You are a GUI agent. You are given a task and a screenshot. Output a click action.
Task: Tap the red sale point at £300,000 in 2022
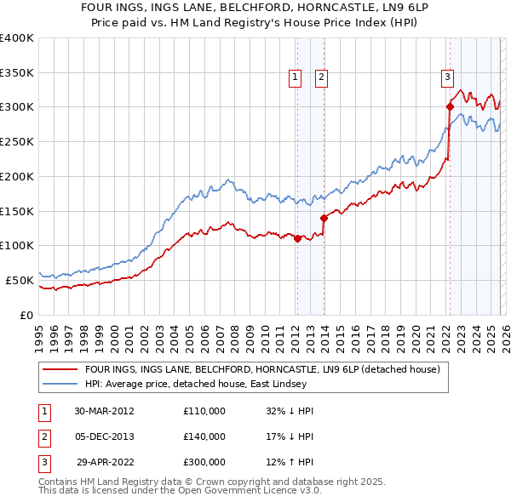449,106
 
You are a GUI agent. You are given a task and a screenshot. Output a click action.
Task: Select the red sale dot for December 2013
324,218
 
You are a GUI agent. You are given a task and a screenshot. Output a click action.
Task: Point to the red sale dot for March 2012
297,239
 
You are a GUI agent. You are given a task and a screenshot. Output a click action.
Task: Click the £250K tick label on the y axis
16,142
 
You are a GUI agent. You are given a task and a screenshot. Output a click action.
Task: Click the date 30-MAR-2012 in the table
104,411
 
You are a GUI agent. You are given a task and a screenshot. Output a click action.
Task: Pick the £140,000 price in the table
204,436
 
